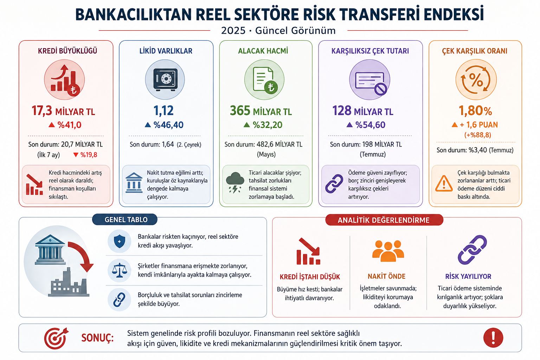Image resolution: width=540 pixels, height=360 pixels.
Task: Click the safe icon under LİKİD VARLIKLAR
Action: pyautogui.click(x=165, y=79)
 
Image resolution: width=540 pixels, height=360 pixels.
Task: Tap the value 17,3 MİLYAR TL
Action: pyautogui.click(x=63, y=111)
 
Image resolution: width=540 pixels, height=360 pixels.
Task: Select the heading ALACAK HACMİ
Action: pyautogui.click(x=263, y=51)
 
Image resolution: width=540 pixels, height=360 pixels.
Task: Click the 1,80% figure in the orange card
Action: pyautogui.click(x=475, y=111)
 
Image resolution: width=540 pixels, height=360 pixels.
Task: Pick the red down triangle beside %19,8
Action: pyautogui.click(x=76, y=155)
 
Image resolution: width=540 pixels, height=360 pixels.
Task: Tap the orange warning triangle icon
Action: pyautogui.click(x=444, y=184)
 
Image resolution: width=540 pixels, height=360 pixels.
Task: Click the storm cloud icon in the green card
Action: pyautogui.click(x=235, y=182)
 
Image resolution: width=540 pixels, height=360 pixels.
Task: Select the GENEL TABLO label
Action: pyautogui.click(x=126, y=220)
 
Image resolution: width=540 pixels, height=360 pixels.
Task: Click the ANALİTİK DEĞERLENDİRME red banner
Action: pyautogui.click(x=384, y=220)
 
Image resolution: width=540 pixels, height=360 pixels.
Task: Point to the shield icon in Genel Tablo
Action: pyautogui.click(x=119, y=242)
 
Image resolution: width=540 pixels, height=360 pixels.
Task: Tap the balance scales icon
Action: pyautogui.click(x=119, y=271)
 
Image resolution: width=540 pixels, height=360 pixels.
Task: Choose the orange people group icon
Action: pyautogui.click(x=388, y=251)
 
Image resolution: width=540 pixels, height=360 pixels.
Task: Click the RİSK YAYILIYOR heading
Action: pyautogui.click(x=468, y=276)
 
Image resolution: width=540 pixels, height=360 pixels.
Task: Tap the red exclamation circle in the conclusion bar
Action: pyautogui.click(x=493, y=338)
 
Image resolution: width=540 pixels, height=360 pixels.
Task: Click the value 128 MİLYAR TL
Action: pyautogui.click(x=362, y=111)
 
